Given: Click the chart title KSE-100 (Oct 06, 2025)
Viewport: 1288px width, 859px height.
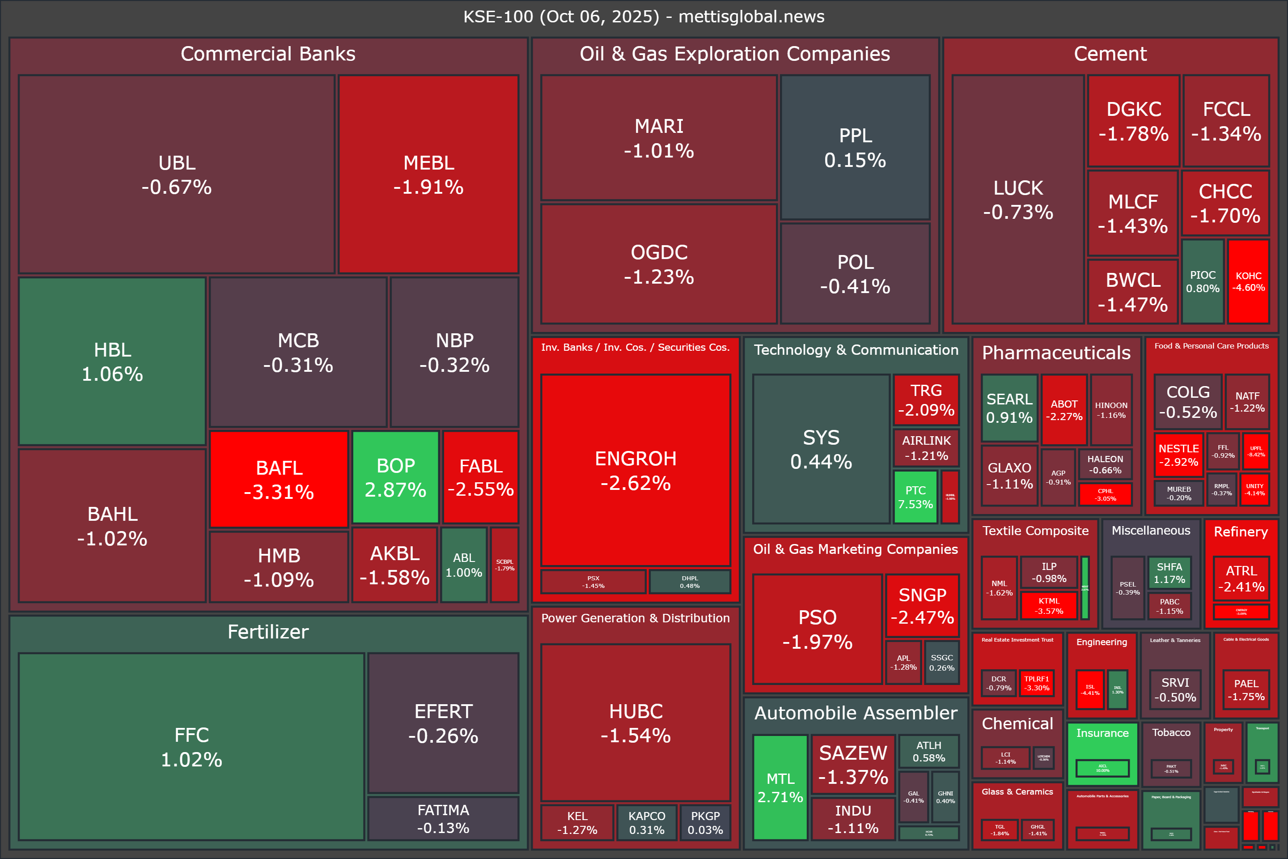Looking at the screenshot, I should click(644, 17).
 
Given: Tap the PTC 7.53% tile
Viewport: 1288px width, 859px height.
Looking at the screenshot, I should click(915, 497).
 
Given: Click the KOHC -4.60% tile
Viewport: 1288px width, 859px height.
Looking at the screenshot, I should click(1248, 281).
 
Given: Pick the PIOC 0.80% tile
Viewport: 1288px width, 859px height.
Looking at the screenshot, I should click(1203, 281).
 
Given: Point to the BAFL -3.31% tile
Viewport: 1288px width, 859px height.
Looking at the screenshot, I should click(279, 479).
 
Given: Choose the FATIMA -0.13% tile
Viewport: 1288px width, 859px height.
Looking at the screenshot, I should click(443, 818).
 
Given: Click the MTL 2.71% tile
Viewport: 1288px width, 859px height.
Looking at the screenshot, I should click(780, 787).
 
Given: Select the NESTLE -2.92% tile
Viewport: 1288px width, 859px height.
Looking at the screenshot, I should click(1178, 455).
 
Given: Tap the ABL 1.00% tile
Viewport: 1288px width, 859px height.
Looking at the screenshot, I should click(464, 565).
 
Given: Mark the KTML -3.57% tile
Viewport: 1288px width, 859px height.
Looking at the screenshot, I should click(1049, 605).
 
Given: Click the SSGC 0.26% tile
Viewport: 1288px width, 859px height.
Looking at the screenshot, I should click(941, 662).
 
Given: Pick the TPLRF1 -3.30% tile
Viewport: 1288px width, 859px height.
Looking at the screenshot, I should click(1037, 683).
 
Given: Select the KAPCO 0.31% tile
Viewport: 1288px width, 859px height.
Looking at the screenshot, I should click(647, 822).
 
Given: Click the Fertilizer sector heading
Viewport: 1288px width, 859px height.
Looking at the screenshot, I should click(268, 632).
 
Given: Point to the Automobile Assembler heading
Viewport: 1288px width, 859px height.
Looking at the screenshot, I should click(856, 713).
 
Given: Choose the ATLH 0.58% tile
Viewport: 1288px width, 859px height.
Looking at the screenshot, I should click(929, 751).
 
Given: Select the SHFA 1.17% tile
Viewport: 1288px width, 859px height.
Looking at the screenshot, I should click(1169, 573).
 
